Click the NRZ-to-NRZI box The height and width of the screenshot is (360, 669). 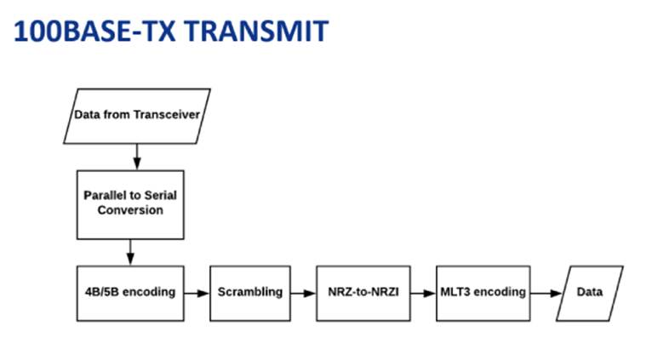click(x=357, y=292)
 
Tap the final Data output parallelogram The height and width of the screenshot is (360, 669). click(x=590, y=292)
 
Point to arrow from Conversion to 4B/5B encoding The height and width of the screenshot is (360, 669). click(x=131, y=251)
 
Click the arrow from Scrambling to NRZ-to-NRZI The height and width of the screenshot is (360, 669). click(x=304, y=292)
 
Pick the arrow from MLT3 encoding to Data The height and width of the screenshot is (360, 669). click(x=542, y=292)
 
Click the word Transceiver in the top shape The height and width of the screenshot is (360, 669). click(x=166, y=115)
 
